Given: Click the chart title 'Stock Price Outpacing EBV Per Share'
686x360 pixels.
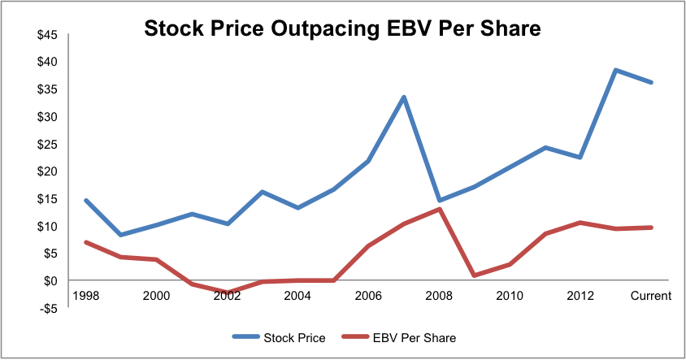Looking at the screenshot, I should click(342, 29).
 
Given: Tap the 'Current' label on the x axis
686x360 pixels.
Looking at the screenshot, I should click(651, 296).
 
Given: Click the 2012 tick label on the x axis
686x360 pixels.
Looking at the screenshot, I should click(580, 296).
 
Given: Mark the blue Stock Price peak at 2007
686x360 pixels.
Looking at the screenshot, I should click(404, 98).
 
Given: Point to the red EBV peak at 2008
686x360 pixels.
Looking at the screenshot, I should click(440, 209).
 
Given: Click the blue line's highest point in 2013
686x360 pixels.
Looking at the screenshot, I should click(616, 70).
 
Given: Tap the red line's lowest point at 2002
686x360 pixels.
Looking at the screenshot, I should click(227, 293).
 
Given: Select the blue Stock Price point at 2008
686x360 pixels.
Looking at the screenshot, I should click(440, 200).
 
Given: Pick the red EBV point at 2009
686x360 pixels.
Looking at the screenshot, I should click(475, 275).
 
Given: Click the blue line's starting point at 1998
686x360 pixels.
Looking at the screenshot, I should click(85, 200).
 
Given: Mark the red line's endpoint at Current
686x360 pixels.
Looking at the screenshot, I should click(651, 228).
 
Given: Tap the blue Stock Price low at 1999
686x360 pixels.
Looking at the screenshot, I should click(120, 235).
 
